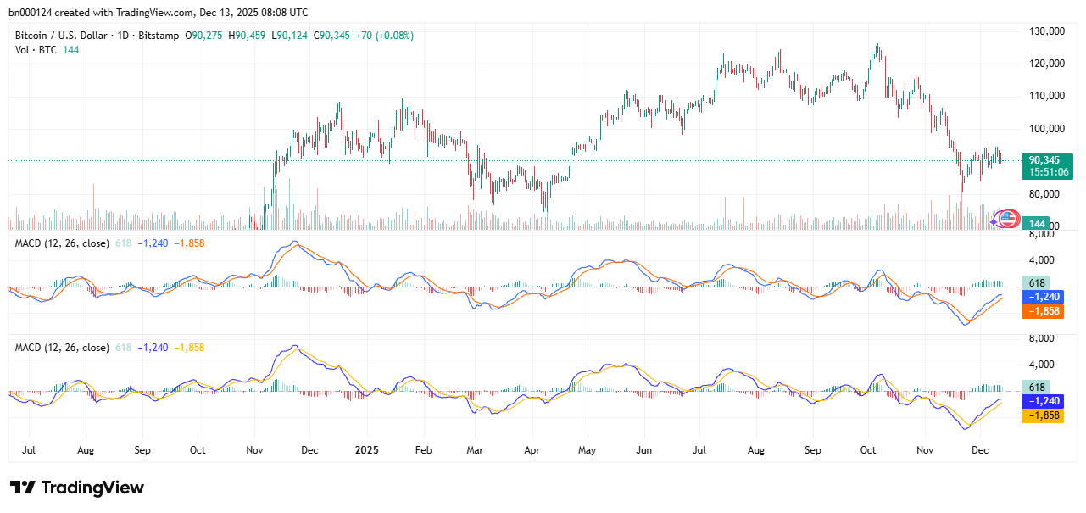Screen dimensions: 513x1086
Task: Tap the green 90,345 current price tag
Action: click(x=1046, y=159)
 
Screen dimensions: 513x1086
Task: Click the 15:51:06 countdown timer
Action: click(x=1049, y=172)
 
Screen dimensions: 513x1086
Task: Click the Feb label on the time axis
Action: click(x=424, y=450)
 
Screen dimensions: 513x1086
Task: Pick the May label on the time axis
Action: click(x=587, y=450)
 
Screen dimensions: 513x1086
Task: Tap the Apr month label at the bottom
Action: click(x=532, y=450)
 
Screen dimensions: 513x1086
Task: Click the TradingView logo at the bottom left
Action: click(x=77, y=488)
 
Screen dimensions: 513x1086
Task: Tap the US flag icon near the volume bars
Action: click(x=1007, y=219)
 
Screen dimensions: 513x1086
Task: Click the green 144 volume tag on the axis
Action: click(x=1036, y=223)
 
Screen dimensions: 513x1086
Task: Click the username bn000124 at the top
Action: click(x=33, y=13)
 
